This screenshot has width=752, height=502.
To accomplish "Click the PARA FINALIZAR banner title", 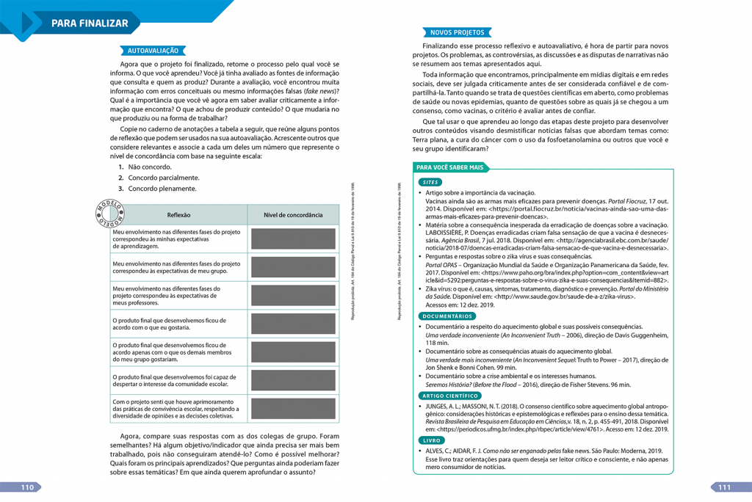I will (90, 23).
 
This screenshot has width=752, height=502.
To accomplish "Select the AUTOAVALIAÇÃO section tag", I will (153, 51).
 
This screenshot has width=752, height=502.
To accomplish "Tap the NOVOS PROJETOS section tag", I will (457, 32).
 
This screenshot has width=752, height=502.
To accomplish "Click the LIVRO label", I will (431, 440).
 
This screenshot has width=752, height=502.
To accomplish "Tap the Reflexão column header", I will (178, 215).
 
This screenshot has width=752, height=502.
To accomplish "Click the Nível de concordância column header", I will (293, 215).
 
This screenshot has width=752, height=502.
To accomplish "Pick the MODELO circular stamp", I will (109, 211).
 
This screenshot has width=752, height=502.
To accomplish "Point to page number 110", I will (28, 487).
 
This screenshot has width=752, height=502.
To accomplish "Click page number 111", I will (724, 487).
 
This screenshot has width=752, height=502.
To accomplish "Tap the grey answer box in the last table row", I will (293, 408).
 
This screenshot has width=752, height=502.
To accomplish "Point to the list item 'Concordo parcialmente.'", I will (163, 178).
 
